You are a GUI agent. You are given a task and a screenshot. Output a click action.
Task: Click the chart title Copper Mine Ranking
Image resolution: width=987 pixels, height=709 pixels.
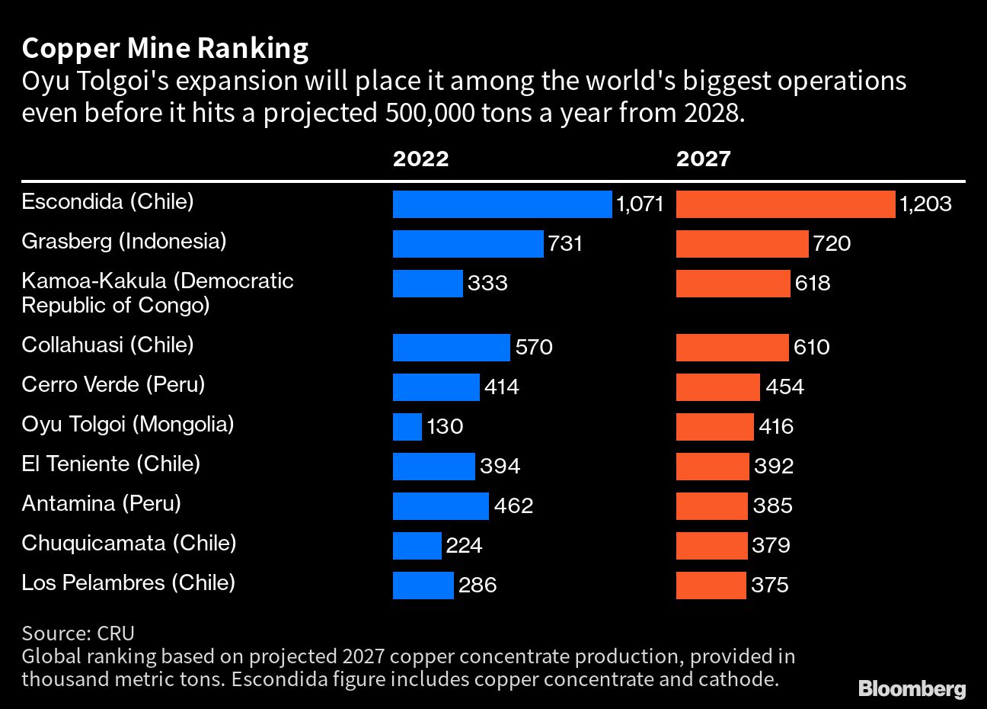tap(165, 48)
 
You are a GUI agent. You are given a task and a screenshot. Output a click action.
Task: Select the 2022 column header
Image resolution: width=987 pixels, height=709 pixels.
tap(420, 159)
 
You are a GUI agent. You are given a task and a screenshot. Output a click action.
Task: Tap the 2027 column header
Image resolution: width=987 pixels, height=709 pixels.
tap(703, 159)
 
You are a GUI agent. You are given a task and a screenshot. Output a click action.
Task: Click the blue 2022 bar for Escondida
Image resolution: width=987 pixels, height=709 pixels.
tap(502, 204)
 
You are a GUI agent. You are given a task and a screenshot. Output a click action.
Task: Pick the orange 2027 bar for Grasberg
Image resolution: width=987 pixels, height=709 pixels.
tap(742, 244)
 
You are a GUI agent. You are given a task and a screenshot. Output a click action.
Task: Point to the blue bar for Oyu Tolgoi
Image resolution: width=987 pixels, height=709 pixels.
tap(407, 426)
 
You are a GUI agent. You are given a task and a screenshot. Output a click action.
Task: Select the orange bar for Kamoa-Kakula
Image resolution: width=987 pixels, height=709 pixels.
tap(733, 284)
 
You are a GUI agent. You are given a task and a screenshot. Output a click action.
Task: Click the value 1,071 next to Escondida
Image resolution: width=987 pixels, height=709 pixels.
tap(640, 204)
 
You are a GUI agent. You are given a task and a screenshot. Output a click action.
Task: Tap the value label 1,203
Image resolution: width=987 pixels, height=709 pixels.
tap(925, 204)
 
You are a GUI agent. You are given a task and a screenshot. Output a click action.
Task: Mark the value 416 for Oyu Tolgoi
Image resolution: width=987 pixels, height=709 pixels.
tap(776, 426)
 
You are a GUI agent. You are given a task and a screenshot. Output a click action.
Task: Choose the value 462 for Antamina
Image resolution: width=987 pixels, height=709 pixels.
tap(513, 505)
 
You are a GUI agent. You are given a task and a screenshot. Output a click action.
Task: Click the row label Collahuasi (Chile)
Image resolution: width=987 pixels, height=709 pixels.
tap(107, 345)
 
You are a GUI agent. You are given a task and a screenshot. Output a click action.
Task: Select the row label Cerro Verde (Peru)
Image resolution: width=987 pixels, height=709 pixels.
tap(113, 384)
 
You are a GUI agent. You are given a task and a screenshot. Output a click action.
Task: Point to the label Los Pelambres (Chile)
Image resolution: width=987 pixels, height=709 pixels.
tap(128, 582)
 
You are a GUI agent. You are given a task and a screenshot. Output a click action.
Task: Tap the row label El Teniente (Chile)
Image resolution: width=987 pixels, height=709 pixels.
tap(110, 464)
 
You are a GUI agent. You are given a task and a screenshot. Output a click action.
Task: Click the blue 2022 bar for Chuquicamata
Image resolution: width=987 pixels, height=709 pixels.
tap(417, 545)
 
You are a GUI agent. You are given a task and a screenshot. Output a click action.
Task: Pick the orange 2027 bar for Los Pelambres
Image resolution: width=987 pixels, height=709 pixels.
tap(711, 585)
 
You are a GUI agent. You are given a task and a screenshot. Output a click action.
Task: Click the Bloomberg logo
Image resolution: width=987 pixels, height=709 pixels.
tap(912, 688)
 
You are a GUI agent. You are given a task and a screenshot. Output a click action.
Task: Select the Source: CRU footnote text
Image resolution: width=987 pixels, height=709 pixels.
tap(78, 633)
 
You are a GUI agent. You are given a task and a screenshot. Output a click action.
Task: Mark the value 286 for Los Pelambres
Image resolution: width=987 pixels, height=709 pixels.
tap(478, 585)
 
